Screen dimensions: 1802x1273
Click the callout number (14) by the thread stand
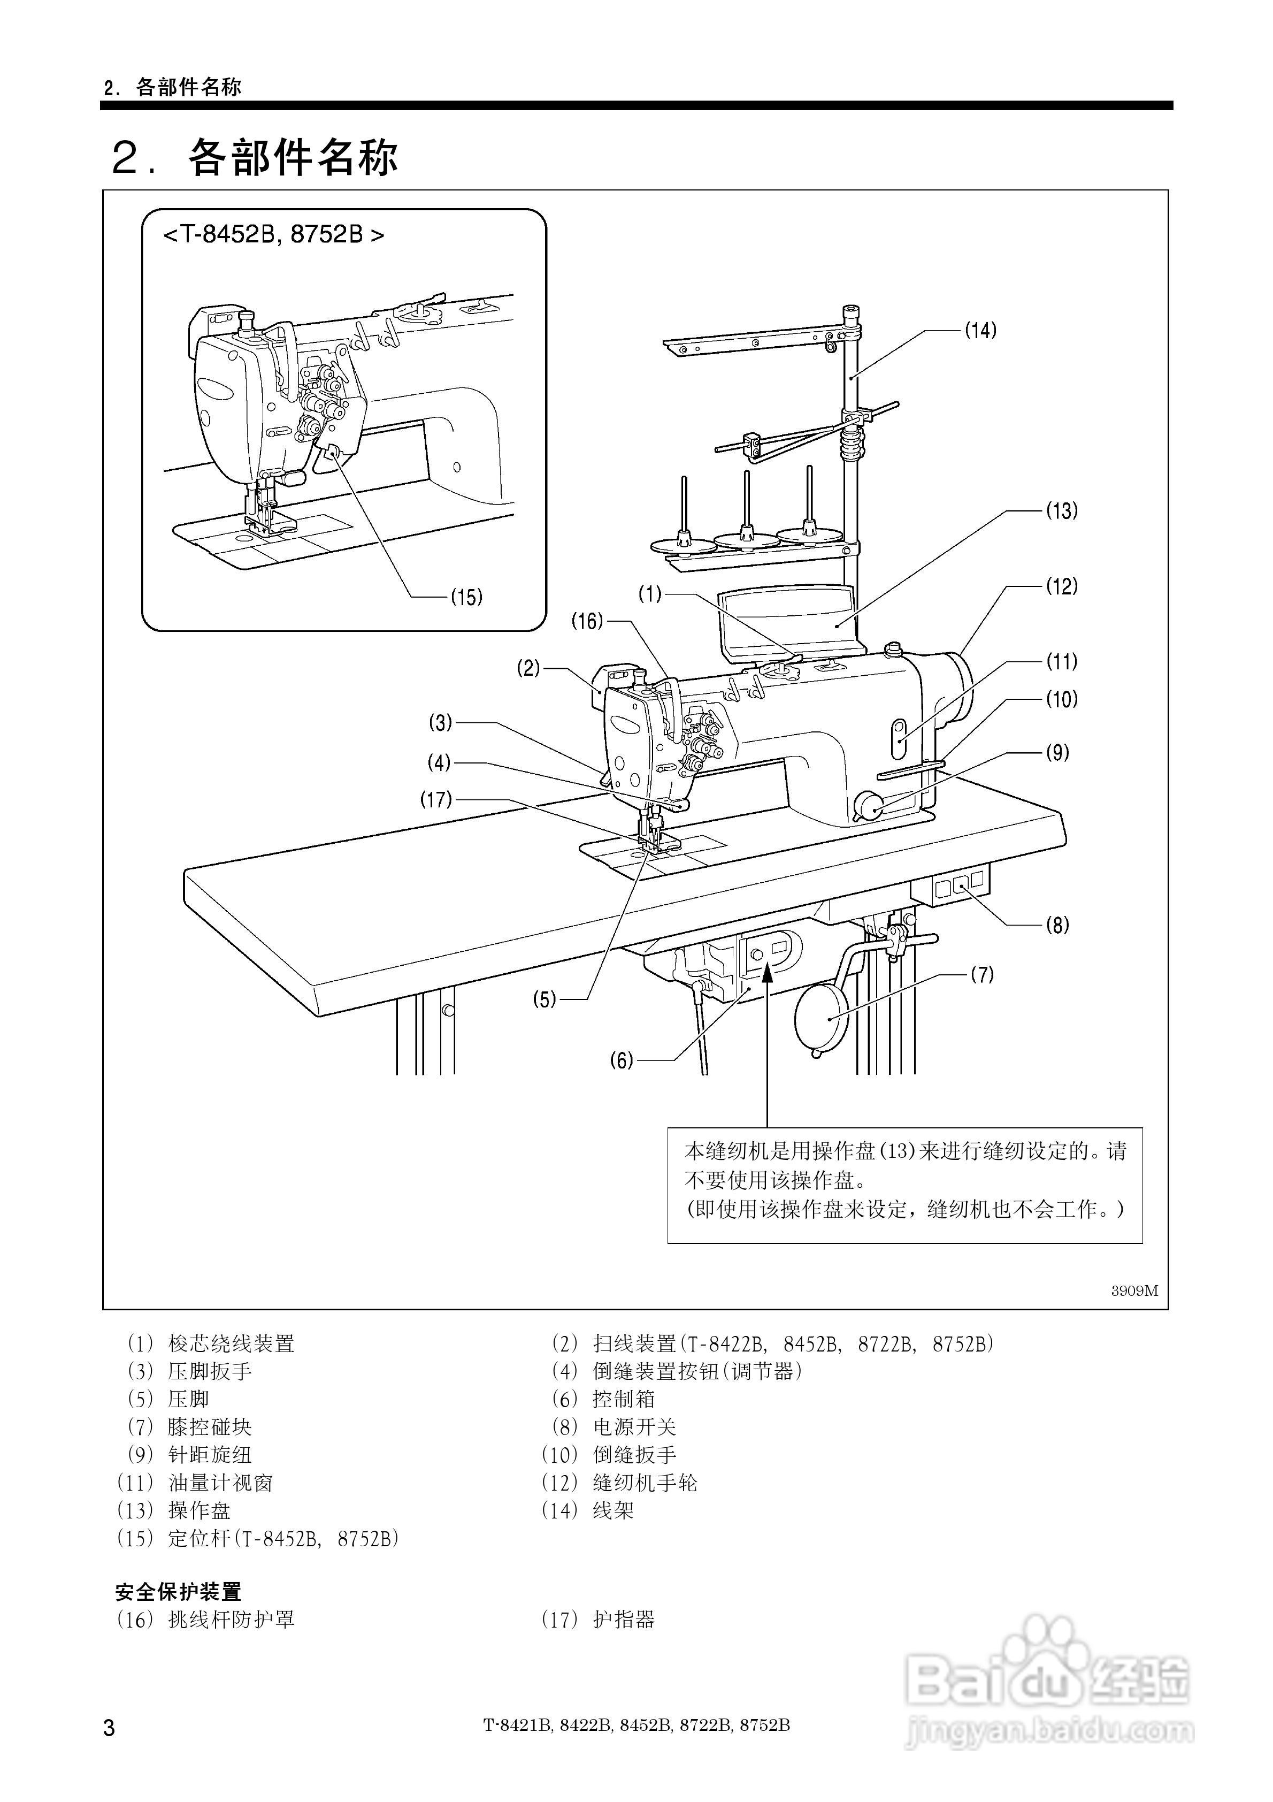point(980,331)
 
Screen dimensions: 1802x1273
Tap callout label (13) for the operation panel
point(1061,511)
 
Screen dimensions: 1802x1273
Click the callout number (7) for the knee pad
point(982,975)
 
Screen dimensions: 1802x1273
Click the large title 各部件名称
point(292,158)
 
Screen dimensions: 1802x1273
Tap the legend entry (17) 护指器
point(598,1619)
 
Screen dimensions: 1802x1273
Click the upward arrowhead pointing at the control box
point(767,974)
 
